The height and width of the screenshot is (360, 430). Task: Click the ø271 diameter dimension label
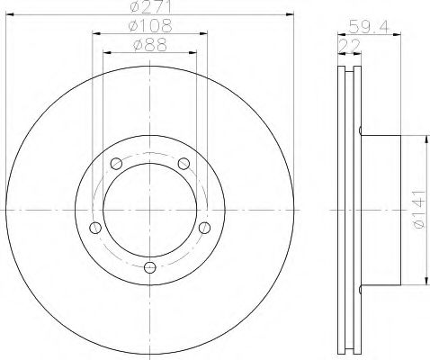(151, 6)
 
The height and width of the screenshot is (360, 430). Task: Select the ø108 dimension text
(150, 26)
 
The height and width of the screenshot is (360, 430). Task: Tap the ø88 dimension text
(150, 45)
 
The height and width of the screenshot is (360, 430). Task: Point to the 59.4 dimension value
(369, 27)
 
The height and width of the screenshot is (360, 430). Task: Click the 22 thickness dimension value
(349, 46)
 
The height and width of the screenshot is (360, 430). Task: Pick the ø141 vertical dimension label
(419, 209)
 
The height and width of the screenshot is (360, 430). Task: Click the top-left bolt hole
(116, 164)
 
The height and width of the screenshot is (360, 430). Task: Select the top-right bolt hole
(184, 164)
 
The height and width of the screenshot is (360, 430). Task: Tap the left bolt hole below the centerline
(95, 228)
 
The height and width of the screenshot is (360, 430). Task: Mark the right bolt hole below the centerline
(205, 228)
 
